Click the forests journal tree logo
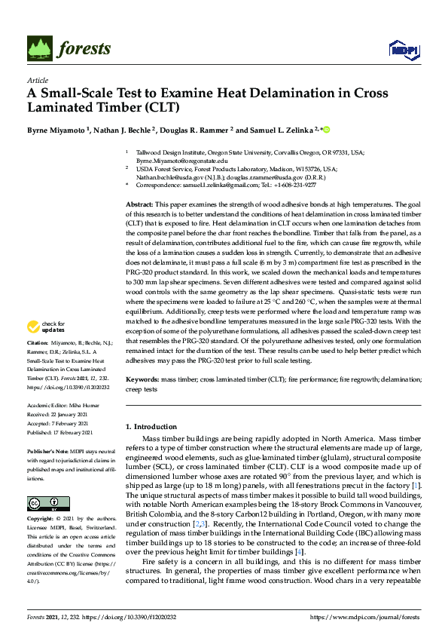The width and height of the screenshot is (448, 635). point(41,48)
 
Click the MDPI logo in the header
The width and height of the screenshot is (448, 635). point(400,50)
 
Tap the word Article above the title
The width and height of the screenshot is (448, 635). point(37,80)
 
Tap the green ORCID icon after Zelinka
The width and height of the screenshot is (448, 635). point(327,129)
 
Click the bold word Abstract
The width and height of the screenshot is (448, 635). point(139,205)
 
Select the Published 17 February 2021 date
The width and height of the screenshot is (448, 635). point(60,431)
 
